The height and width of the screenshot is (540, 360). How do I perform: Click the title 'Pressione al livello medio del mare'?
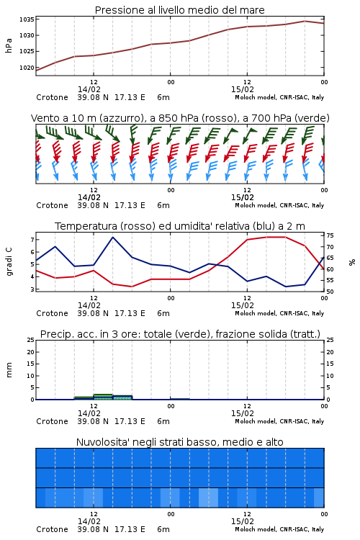coord(179,10)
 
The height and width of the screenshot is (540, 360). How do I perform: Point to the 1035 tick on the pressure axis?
coord(27,19)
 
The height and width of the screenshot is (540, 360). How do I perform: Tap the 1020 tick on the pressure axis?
coord(27,68)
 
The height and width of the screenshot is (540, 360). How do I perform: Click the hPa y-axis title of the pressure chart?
coord(9,45)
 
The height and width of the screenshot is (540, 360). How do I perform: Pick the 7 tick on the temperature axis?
coord(32,239)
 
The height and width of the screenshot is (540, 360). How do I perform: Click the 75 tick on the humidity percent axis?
coord(330,235)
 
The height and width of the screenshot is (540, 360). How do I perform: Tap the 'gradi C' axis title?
coord(9,262)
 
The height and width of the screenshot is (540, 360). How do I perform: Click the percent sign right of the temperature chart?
coord(352,262)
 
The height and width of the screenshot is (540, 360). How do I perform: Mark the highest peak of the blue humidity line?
coord(112,238)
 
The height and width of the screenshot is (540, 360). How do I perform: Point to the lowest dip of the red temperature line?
coord(132,287)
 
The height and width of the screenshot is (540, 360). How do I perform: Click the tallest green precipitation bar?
coord(103,397)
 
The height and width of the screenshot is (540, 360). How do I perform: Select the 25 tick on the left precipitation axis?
coord(30,340)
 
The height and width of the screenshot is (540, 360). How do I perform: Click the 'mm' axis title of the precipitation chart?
coord(9,370)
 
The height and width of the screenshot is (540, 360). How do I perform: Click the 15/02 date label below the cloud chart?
coord(242,521)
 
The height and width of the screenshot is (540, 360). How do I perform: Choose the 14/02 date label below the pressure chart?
coord(89,89)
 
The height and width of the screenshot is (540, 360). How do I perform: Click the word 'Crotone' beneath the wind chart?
coord(52,206)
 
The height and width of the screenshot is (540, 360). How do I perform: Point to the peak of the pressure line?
coord(305,21)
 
